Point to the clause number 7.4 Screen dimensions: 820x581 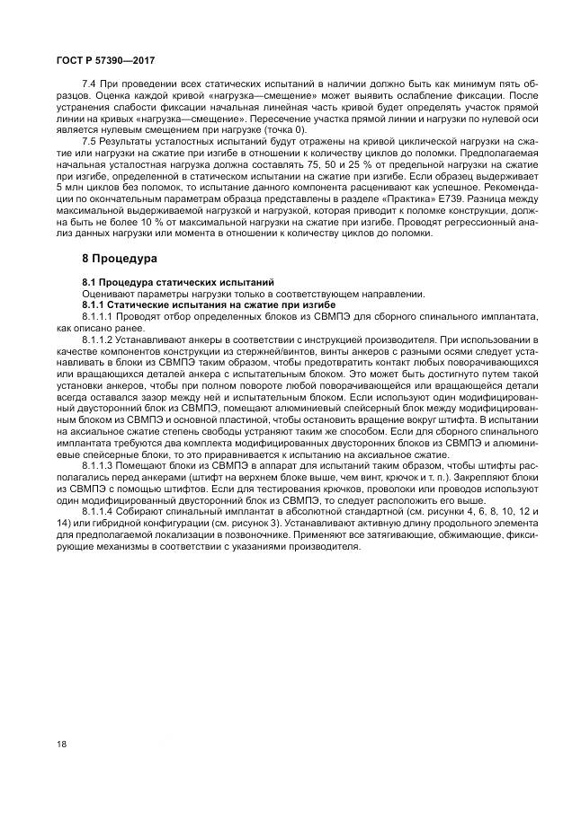click(x=90, y=83)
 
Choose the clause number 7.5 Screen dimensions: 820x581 click(x=90, y=142)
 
